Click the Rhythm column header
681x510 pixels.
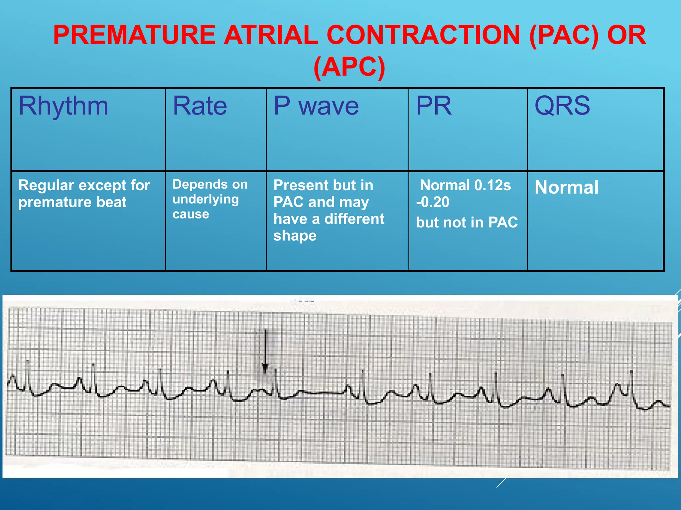tap(64, 106)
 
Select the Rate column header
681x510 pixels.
tap(200, 106)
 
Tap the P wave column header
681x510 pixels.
tap(316, 106)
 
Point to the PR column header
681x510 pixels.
tap(434, 106)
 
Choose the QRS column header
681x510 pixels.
tap(562, 106)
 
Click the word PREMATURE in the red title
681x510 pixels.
tap(134, 35)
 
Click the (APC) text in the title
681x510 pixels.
tap(349, 67)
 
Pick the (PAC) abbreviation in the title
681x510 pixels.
tap(564, 35)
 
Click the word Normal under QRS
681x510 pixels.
tap(566, 187)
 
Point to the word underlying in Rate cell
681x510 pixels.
tap(205, 199)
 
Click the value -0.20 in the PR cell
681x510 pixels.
tap(433, 202)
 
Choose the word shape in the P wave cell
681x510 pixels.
tap(295, 236)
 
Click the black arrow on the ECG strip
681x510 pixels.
tap(265, 352)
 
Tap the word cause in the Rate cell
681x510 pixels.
tap(191, 214)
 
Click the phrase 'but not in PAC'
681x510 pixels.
tap(467, 222)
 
